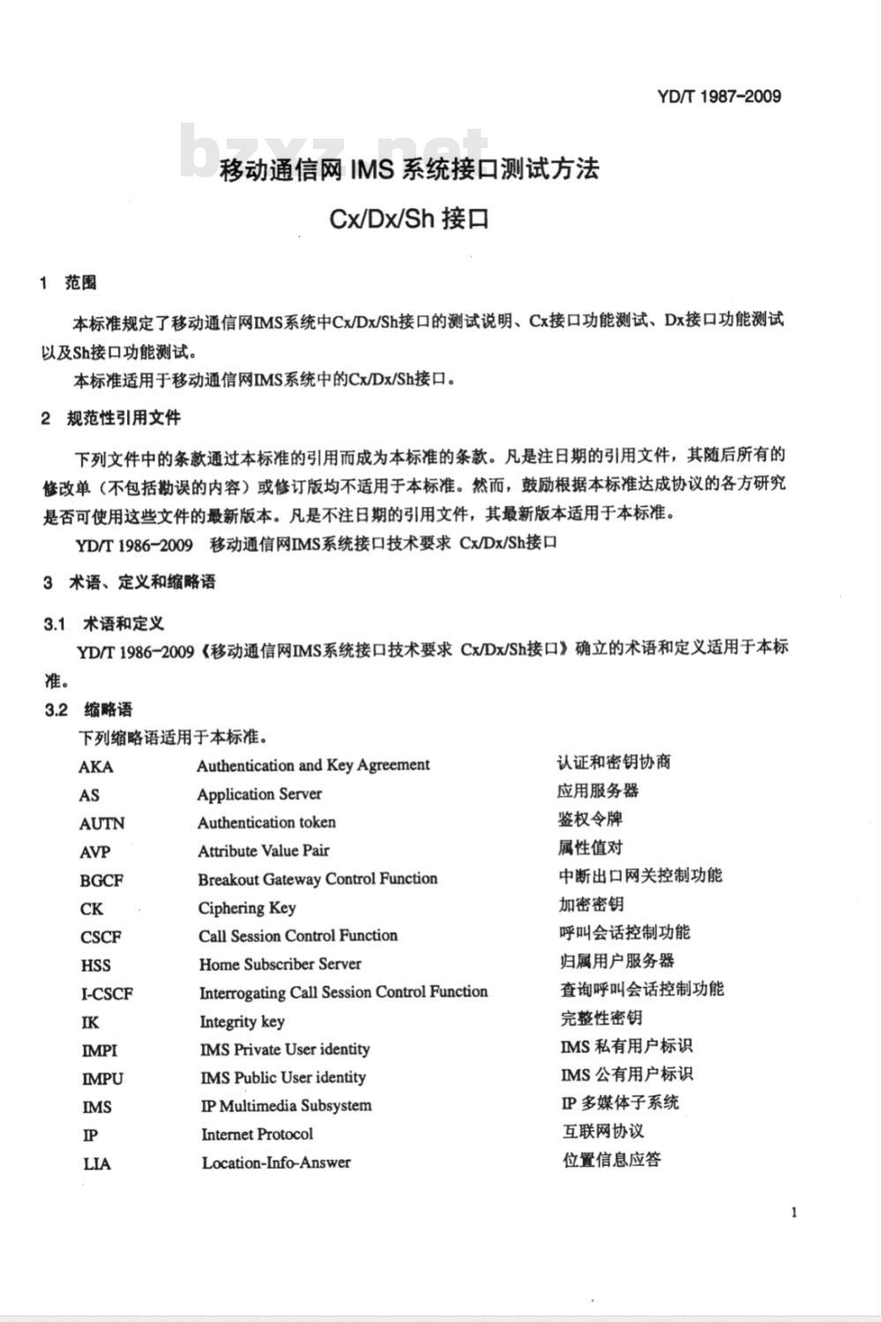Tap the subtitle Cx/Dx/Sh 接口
click(x=408, y=217)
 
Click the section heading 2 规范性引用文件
click(x=111, y=418)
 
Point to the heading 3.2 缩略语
click(x=88, y=710)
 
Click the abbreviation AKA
click(x=95, y=766)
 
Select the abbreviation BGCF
click(x=101, y=880)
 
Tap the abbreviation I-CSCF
click(x=107, y=994)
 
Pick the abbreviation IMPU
click(x=102, y=1079)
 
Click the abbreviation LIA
click(x=97, y=1164)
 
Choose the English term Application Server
click(x=259, y=794)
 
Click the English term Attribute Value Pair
click(x=263, y=851)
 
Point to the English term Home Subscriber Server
click(x=280, y=964)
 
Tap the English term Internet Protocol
click(x=257, y=1134)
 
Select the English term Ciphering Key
click(x=247, y=907)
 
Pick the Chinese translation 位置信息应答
click(x=611, y=1160)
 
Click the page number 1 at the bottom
click(x=795, y=1212)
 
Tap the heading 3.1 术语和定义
click(x=104, y=624)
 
